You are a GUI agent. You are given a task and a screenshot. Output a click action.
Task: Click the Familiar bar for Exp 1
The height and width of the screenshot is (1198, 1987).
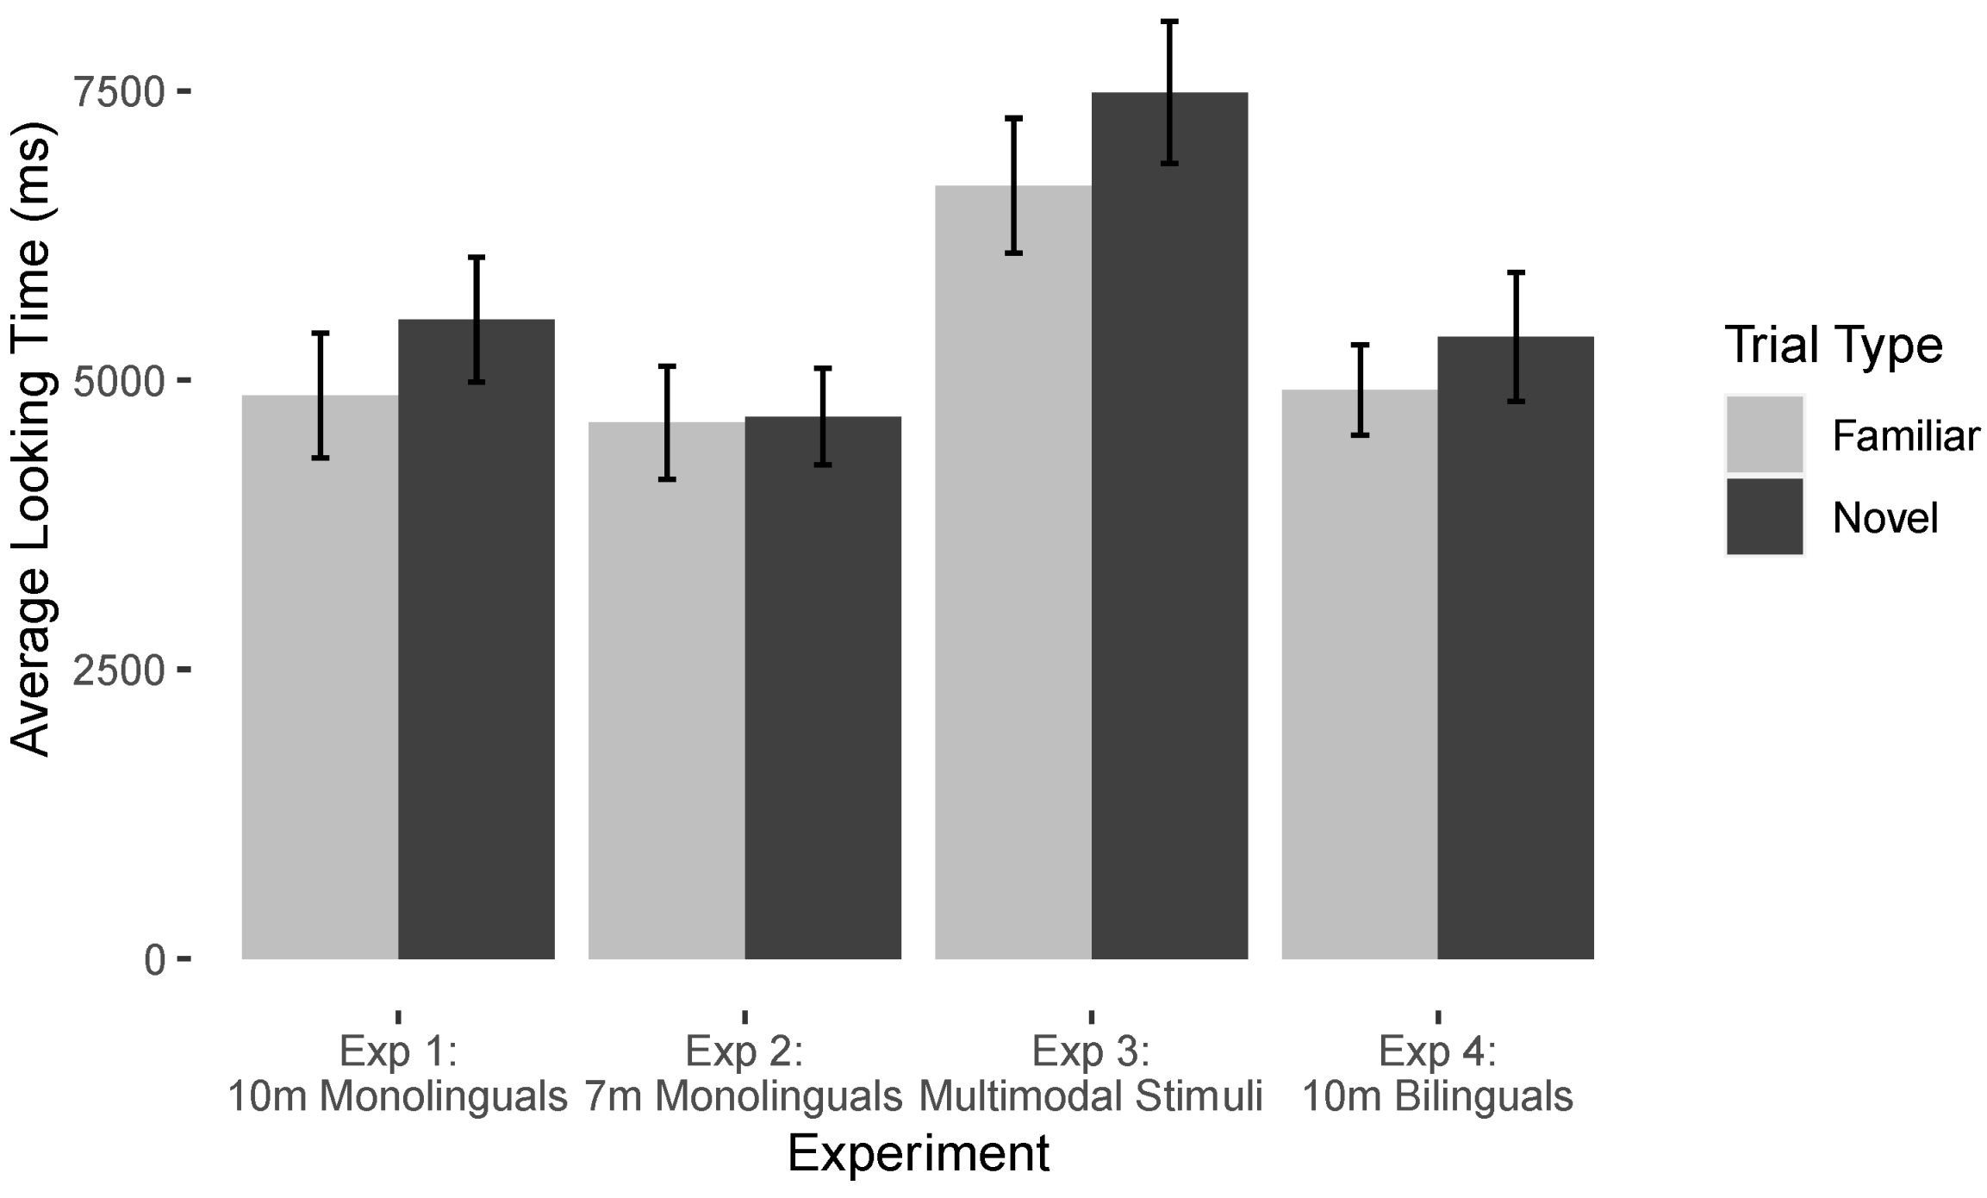(x=320, y=681)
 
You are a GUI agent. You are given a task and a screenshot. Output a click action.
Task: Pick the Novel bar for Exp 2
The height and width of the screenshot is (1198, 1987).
(x=823, y=689)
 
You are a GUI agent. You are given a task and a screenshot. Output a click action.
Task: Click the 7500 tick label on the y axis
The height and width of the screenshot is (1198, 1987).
(x=119, y=92)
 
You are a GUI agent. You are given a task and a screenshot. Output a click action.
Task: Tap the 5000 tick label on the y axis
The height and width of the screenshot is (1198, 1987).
(x=119, y=381)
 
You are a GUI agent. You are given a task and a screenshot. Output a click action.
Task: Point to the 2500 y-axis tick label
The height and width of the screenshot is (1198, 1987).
(x=119, y=671)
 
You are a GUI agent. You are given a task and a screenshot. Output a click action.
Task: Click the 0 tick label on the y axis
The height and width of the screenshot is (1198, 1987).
(x=154, y=960)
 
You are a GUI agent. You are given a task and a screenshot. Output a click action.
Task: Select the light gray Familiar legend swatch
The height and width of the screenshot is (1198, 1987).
(x=1764, y=434)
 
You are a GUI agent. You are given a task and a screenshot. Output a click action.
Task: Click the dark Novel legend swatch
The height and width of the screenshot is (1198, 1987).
(x=1764, y=516)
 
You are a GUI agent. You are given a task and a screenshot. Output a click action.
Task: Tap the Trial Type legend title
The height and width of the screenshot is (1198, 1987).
(x=1833, y=346)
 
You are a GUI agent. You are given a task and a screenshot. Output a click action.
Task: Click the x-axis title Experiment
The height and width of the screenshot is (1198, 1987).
(x=919, y=1153)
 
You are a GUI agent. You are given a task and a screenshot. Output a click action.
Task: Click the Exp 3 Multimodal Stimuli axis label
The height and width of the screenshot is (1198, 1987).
(x=1091, y=1074)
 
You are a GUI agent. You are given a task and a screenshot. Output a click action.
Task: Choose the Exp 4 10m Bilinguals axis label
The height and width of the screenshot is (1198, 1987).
(x=1437, y=1074)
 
